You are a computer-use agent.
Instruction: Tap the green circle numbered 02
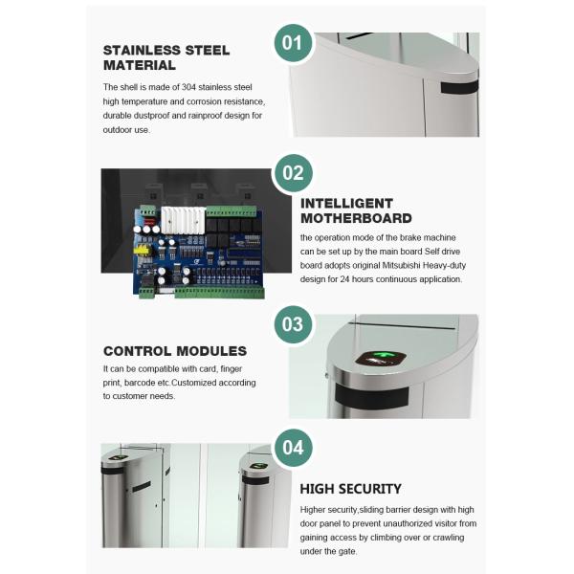pos(294,173)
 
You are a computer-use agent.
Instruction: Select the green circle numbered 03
pos(294,322)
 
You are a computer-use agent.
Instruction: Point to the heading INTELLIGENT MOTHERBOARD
pos(352,210)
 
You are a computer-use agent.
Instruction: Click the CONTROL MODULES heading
pos(175,351)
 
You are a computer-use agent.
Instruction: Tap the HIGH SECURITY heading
pos(351,488)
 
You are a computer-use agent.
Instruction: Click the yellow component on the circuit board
pos(143,254)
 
